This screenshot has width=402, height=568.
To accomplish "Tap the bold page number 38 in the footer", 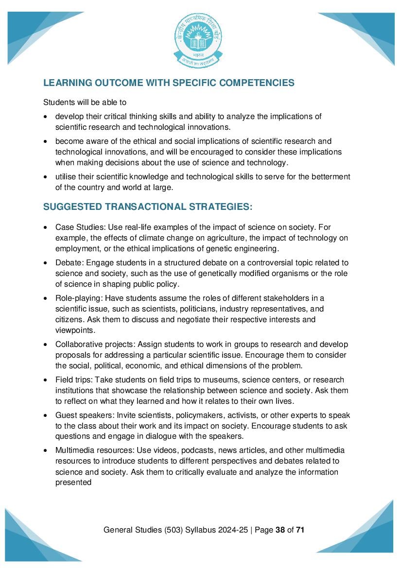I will tap(280, 530).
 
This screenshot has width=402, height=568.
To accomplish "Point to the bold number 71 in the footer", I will tap(300, 530).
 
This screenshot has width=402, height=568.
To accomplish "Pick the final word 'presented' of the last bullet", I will tap(73, 482).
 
